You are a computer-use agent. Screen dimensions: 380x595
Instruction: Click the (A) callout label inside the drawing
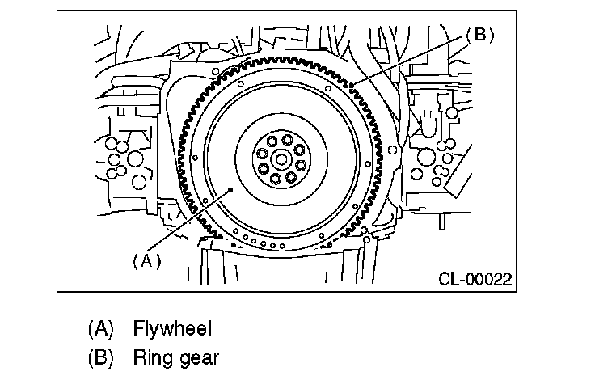tap(146, 260)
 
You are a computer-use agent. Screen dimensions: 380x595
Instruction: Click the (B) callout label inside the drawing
tap(479, 35)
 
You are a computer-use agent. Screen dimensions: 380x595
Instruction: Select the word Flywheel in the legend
tap(173, 328)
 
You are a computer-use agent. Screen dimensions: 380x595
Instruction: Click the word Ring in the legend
tap(151, 357)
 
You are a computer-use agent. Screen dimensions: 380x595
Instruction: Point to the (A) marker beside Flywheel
tap(100, 328)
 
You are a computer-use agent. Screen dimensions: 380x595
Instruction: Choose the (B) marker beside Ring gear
tap(100, 357)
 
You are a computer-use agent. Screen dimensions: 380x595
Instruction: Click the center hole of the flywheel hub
tap(279, 158)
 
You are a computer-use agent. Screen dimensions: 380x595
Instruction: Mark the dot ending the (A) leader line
tap(233, 188)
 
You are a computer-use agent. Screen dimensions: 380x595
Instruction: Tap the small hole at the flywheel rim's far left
tap(196, 158)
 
